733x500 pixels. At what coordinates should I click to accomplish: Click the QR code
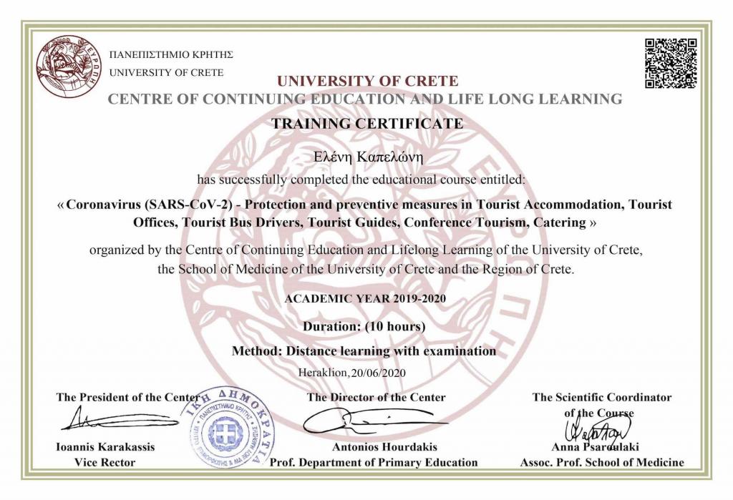(x=670, y=62)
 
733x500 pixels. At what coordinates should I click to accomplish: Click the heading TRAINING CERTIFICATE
(x=366, y=123)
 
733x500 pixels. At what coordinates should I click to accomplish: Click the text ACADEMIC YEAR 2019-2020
(x=366, y=298)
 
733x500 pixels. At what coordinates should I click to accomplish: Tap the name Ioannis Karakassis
(x=105, y=447)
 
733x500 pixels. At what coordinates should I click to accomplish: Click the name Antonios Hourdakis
(x=373, y=447)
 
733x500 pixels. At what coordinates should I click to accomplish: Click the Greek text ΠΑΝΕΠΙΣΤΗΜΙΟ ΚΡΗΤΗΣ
(x=170, y=55)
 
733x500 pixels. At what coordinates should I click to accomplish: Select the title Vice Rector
(x=105, y=462)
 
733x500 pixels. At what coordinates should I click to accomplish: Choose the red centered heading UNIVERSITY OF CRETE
(x=367, y=81)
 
